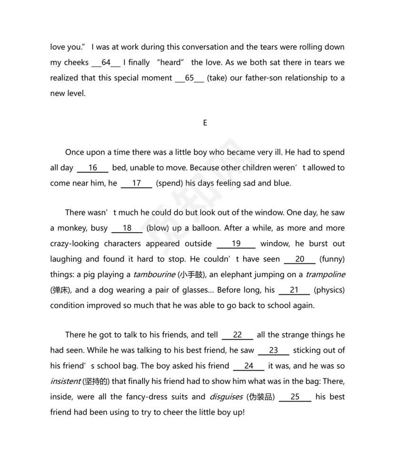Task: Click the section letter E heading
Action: pos(205,123)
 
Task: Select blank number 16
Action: pos(93,168)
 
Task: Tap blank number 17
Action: pos(137,184)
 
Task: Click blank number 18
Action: pos(127,228)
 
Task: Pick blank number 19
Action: pos(236,244)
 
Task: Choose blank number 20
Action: pos(300,259)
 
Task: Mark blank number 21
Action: pos(294,290)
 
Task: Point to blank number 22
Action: pos(237,335)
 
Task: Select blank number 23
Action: pos(274,351)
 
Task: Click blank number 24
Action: pos(249,366)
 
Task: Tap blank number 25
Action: pos(295,397)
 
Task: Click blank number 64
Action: pos(106,63)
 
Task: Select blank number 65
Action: pos(189,78)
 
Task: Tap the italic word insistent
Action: pos(66,382)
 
